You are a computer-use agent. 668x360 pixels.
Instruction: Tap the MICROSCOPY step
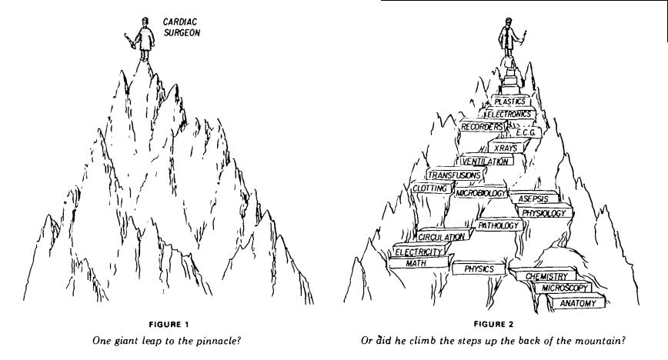[x=565, y=288]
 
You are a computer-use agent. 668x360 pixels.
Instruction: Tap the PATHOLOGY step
[x=498, y=226]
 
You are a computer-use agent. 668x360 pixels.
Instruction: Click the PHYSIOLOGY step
[x=544, y=212]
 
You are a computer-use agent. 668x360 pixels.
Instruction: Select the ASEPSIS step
[x=533, y=198]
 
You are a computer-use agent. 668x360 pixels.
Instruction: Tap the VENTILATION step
[x=484, y=162]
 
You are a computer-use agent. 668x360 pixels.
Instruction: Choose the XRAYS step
[x=507, y=147]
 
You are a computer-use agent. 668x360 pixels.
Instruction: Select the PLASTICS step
[x=509, y=102]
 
